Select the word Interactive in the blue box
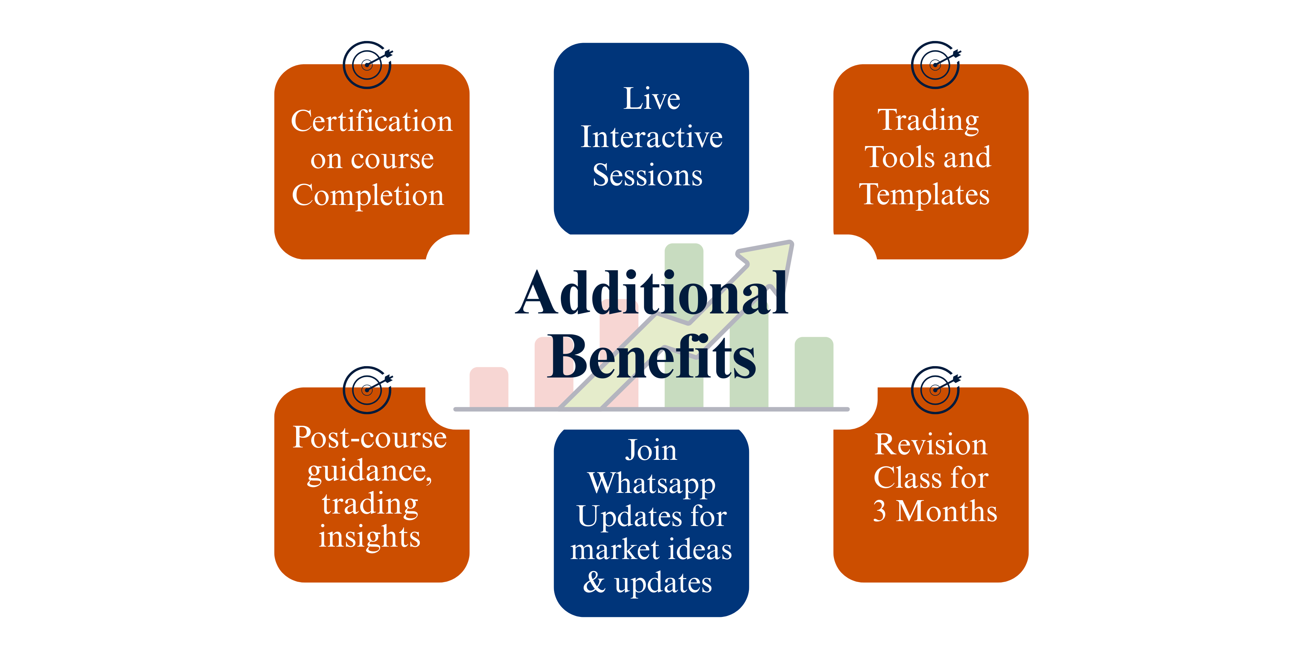[651, 137]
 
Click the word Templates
[924, 195]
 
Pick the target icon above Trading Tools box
[936, 65]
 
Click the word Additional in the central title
[652, 293]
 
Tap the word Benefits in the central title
[652, 357]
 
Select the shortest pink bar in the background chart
[489, 387]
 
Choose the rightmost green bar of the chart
[814, 372]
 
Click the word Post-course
[370, 438]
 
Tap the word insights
[370, 537]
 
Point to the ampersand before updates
[594, 582]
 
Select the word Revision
[931, 444]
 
